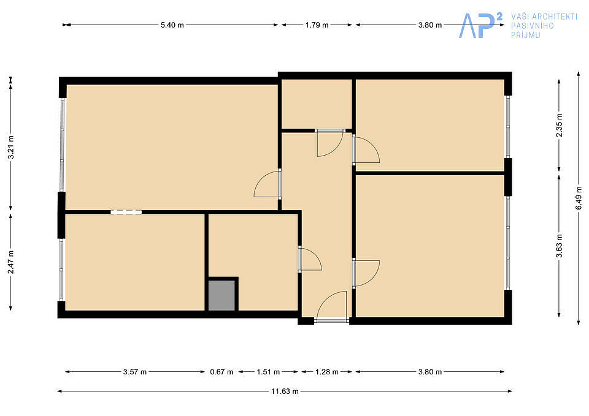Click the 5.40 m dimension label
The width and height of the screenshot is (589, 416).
point(172,25)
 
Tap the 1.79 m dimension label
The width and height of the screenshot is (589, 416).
point(317,25)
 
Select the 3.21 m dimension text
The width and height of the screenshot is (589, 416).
point(11,147)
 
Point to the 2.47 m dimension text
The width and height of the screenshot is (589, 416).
point(11,262)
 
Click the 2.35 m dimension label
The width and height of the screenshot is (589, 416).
point(560,125)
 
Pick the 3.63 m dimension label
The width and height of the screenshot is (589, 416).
point(560,246)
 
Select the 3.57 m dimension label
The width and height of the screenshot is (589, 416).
point(135,372)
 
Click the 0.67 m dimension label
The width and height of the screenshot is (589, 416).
point(221,372)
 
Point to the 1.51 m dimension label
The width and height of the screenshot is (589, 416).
point(268,372)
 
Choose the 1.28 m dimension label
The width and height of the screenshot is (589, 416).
point(327,372)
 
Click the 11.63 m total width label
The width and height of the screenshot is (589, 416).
point(285,391)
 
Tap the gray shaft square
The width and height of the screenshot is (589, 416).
point(221,295)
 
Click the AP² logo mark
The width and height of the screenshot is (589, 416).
point(480,25)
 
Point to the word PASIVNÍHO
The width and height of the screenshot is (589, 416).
point(533,26)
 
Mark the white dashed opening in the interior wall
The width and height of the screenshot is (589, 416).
point(126,212)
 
